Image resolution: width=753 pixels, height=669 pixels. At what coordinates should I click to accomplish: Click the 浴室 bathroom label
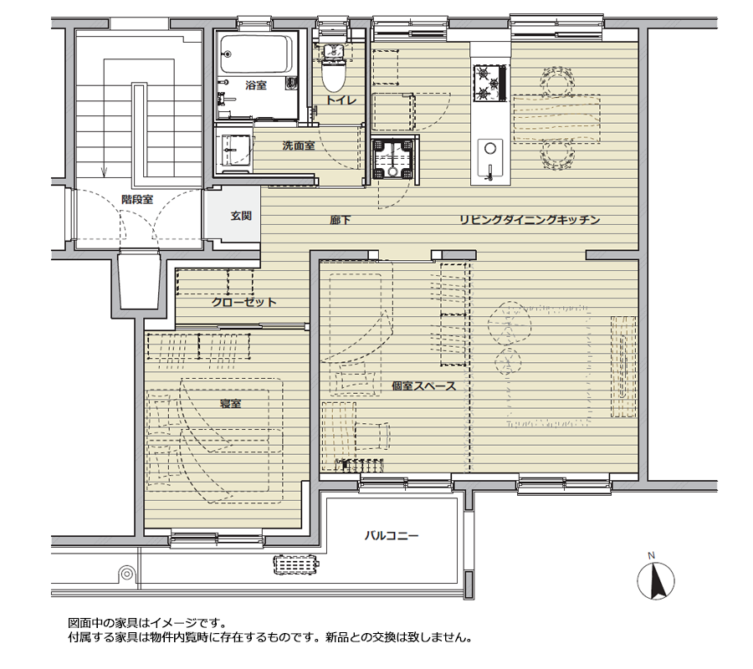pyautogui.click(x=256, y=85)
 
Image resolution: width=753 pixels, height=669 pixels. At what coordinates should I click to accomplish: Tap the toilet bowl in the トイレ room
pyautogui.click(x=334, y=74)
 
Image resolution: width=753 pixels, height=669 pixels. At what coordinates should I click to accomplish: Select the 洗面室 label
pyautogui.click(x=298, y=146)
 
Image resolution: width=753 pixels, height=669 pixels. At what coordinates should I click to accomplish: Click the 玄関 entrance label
pyautogui.click(x=241, y=216)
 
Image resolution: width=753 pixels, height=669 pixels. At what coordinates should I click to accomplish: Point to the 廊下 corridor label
pyautogui.click(x=340, y=221)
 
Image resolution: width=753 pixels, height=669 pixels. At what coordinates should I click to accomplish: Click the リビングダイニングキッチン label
pyautogui.click(x=529, y=221)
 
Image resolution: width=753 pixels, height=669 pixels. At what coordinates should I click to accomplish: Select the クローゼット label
pyautogui.click(x=243, y=303)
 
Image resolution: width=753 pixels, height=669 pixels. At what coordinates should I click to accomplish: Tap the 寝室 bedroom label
pyautogui.click(x=230, y=404)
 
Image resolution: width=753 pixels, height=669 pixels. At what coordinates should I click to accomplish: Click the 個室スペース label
pyautogui.click(x=423, y=386)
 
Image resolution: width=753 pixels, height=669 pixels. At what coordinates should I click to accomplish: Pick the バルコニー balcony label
pyautogui.click(x=391, y=535)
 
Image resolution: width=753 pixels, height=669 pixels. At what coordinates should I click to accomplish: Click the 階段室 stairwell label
pyautogui.click(x=136, y=200)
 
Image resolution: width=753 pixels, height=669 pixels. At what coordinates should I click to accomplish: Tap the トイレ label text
pyautogui.click(x=341, y=100)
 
